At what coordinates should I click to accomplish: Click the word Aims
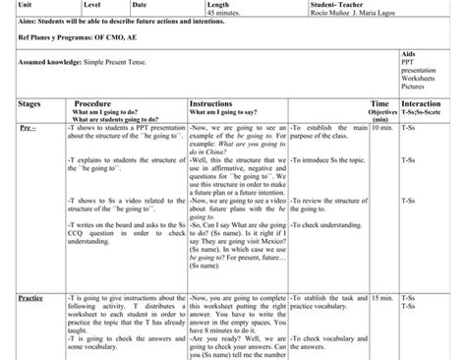(x=15, y=23)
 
